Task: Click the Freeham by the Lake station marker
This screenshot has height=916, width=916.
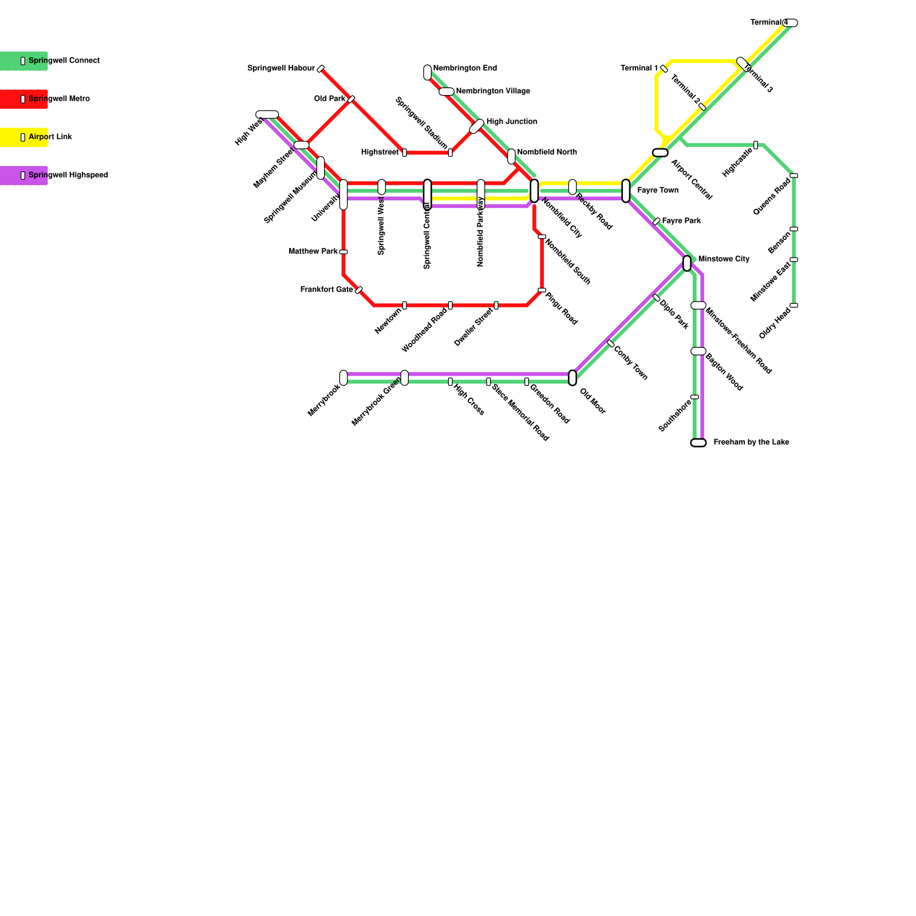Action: pos(698,443)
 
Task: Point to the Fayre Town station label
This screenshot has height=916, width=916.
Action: pos(658,191)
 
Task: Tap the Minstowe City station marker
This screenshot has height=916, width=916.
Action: pos(687,263)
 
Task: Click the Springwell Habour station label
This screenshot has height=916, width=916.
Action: pos(281,69)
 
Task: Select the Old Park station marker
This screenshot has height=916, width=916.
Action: pos(351,99)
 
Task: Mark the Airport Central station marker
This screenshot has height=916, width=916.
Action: pos(660,152)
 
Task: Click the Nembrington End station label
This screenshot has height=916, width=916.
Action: pos(465,69)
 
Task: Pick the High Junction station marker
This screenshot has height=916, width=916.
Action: pos(477,126)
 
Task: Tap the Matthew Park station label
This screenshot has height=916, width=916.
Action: pos(313,252)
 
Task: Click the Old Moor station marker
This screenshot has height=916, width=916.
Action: pos(572,378)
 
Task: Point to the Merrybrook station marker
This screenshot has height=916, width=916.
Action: pos(343,378)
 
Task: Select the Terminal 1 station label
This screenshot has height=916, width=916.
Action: pos(639,69)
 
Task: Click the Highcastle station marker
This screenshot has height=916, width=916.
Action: pos(756,145)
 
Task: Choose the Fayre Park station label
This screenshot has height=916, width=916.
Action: pos(681,221)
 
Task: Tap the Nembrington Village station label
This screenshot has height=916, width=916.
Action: pos(493,92)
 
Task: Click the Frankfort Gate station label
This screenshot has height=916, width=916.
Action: pos(326,290)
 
